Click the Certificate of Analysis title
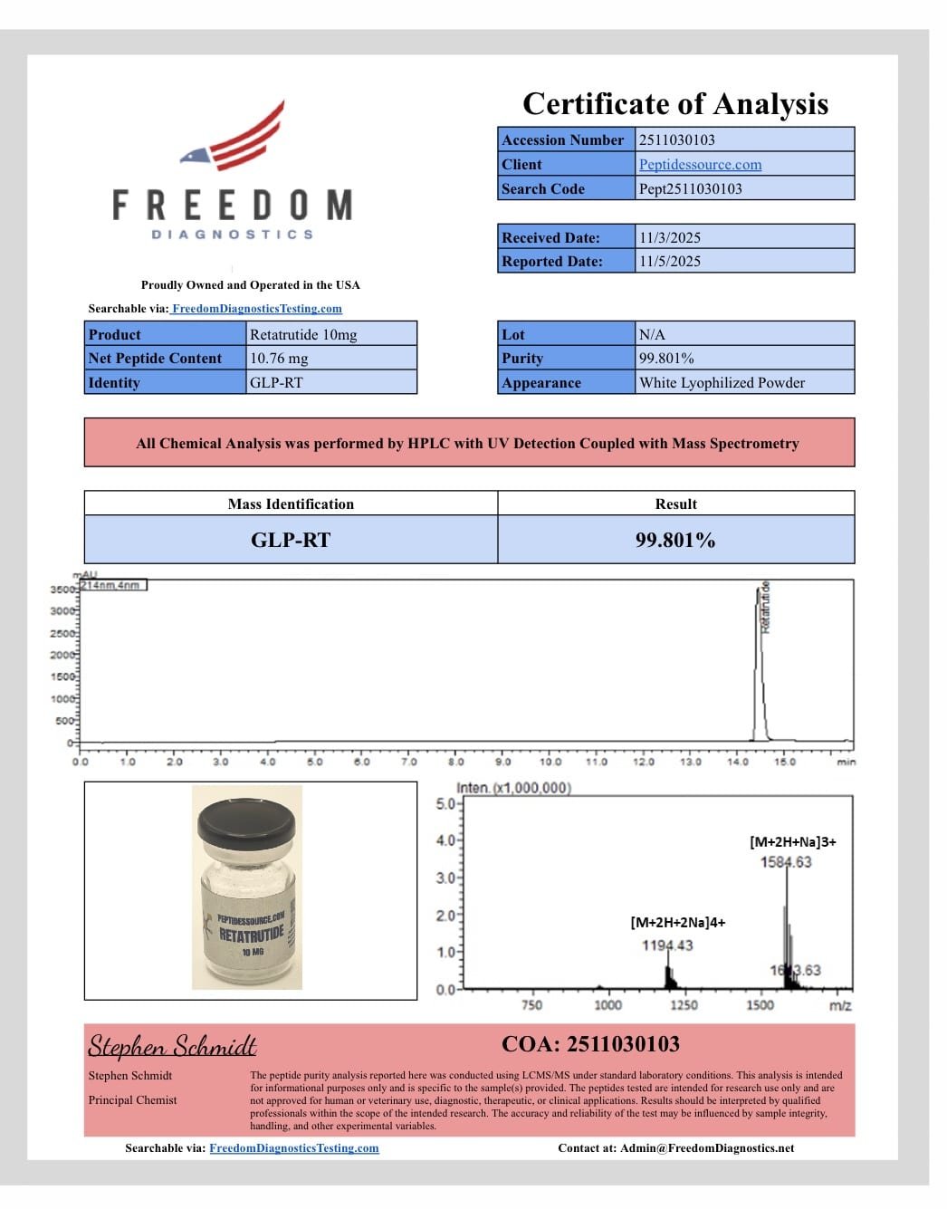(x=675, y=104)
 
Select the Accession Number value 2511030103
(x=677, y=139)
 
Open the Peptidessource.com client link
(x=700, y=164)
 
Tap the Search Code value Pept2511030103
(x=690, y=188)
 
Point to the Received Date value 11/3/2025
(x=670, y=237)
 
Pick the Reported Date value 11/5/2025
(x=670, y=261)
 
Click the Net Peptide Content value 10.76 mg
(x=279, y=358)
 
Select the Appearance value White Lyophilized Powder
(x=722, y=382)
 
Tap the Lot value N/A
(x=652, y=334)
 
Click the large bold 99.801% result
(x=675, y=540)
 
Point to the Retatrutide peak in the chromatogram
(x=760, y=661)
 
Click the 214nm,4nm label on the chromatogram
(x=112, y=585)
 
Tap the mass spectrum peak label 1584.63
(x=786, y=861)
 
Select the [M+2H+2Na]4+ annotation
(x=678, y=922)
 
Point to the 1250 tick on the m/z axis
(x=684, y=1004)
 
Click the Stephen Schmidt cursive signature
(x=172, y=1046)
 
